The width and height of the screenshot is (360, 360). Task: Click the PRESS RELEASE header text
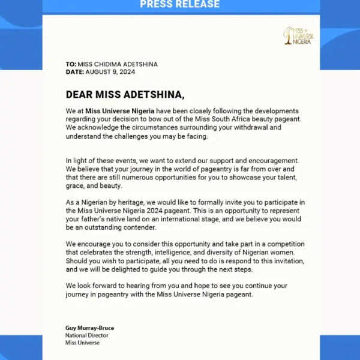[180, 5]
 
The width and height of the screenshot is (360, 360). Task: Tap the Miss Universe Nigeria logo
[298, 37]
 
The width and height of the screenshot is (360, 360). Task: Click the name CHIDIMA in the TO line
[114, 65]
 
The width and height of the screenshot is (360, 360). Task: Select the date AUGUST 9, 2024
[111, 72]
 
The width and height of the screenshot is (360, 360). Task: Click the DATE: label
[75, 72]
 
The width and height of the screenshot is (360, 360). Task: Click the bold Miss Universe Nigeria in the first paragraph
[120, 111]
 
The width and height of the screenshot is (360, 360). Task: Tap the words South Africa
[231, 119]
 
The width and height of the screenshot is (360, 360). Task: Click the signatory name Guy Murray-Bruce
[89, 328]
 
